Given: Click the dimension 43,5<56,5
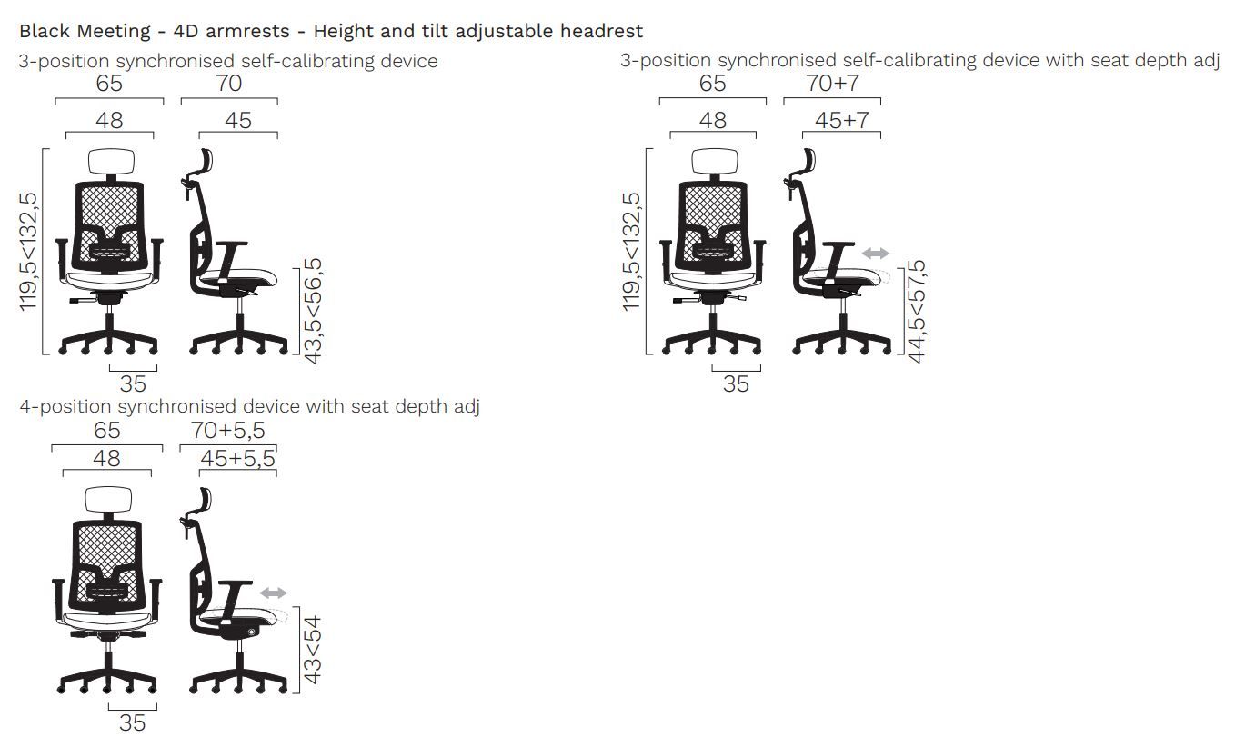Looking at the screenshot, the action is pyautogui.click(x=313, y=311).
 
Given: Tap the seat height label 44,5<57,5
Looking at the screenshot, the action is pyautogui.click(x=917, y=311).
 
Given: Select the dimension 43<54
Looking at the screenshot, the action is pyautogui.click(x=312, y=650).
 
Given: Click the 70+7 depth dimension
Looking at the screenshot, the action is pyautogui.click(x=832, y=84).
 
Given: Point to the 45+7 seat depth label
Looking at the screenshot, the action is pyautogui.click(x=842, y=120).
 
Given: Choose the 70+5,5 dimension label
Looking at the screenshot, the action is pyautogui.click(x=228, y=430).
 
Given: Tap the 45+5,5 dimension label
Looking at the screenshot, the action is pyautogui.click(x=237, y=458).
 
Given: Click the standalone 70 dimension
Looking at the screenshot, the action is pyautogui.click(x=229, y=84).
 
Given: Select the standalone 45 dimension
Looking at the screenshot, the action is pyautogui.click(x=238, y=120).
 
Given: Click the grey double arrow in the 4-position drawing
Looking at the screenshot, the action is pyautogui.click(x=274, y=593).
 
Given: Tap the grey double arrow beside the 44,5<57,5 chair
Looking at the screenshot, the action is pyautogui.click(x=876, y=254).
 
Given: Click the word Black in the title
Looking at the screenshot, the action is pyautogui.click(x=45, y=31).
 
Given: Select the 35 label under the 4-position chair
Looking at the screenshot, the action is pyautogui.click(x=133, y=722).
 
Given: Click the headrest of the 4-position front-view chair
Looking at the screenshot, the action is pyautogui.click(x=108, y=500).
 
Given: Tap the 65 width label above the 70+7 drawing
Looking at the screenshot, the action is pyautogui.click(x=712, y=84).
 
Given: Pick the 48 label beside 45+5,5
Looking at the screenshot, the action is pyautogui.click(x=106, y=458).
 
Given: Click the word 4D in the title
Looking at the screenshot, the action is pyautogui.click(x=186, y=31).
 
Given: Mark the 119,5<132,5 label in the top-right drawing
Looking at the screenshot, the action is pyautogui.click(x=631, y=252).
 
